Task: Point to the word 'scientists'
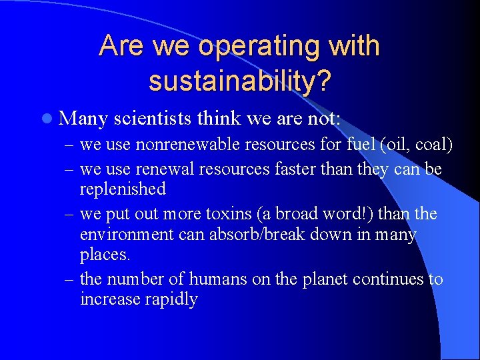pyautogui.click(x=155, y=119)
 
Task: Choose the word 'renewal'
pyautogui.click(x=148, y=169)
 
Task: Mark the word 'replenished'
pyautogui.click(x=123, y=189)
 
